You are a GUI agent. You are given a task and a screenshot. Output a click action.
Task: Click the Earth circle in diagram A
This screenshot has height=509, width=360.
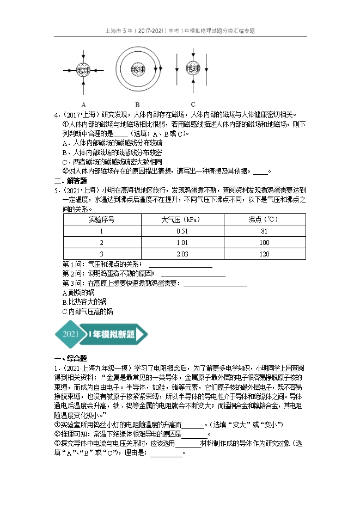[83, 70]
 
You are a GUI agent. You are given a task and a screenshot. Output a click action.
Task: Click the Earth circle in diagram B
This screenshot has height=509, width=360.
[138, 70]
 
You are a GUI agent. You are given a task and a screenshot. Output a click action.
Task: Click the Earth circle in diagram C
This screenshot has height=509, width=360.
[193, 68]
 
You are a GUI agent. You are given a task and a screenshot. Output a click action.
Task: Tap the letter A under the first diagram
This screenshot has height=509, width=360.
[83, 104]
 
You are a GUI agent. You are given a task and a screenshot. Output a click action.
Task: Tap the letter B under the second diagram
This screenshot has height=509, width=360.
[138, 105]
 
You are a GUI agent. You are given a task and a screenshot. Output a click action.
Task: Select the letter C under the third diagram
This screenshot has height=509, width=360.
[193, 104]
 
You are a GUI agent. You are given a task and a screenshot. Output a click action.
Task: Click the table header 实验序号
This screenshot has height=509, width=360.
[101, 219]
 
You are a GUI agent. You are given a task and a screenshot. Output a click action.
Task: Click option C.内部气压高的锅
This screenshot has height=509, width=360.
[88, 312]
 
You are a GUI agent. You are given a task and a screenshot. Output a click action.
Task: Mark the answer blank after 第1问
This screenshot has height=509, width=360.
[180, 265]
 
